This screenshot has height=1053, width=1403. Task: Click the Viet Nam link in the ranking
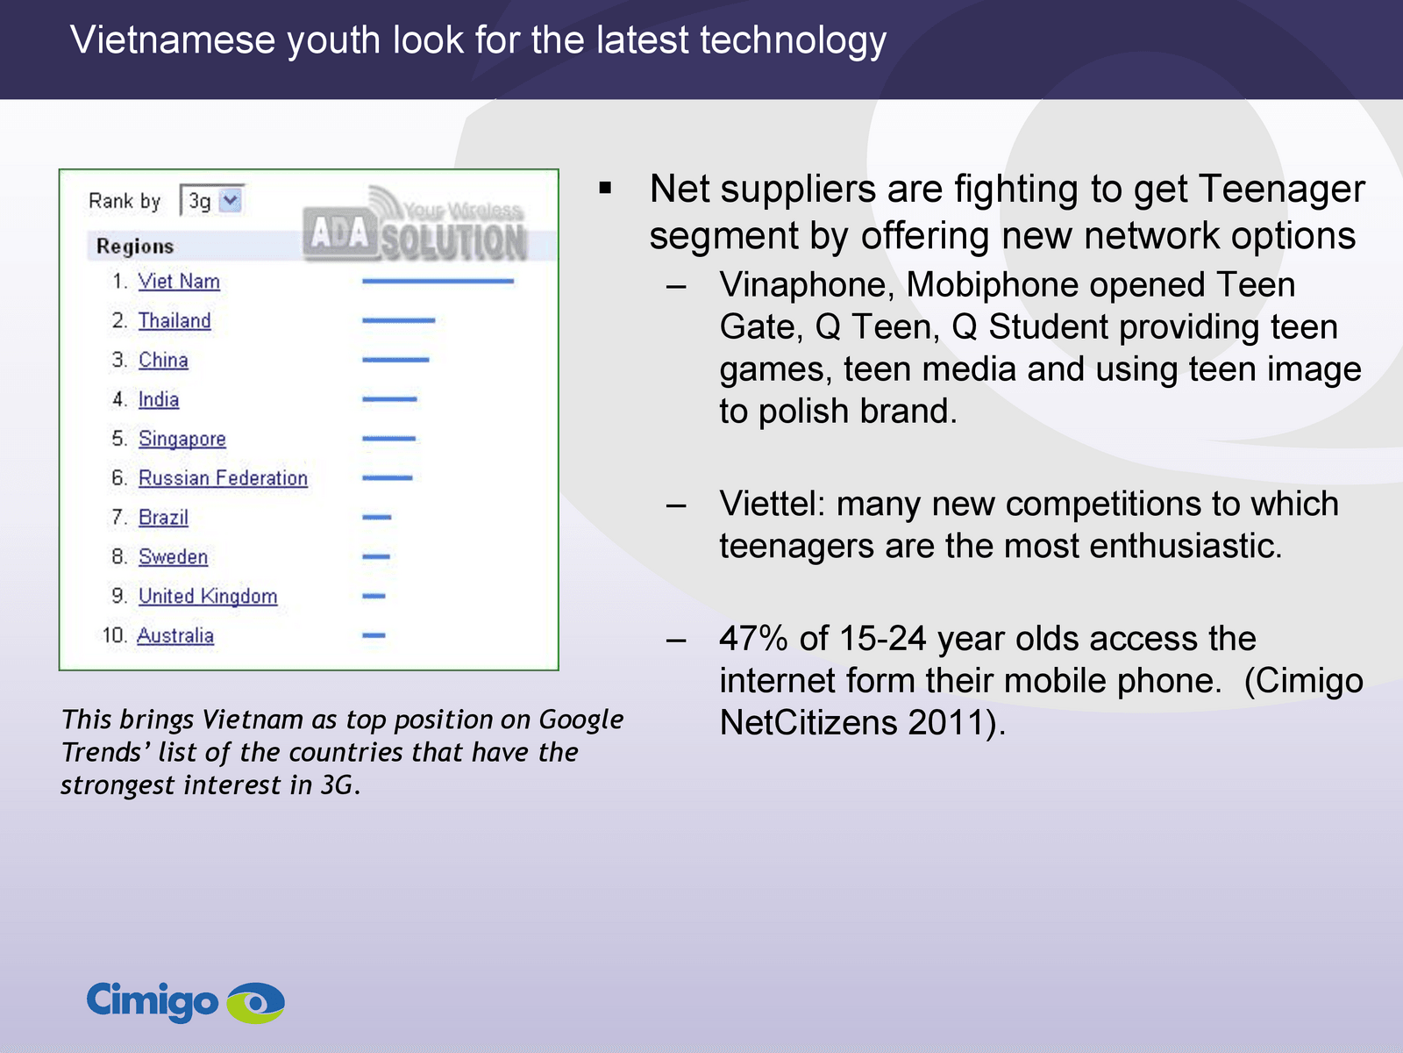click(x=179, y=282)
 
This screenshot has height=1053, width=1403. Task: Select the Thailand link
click(x=174, y=320)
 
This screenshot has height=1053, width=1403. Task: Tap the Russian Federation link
click(x=223, y=477)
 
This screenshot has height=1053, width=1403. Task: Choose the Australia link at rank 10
click(x=175, y=635)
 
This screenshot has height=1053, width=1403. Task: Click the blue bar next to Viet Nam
click(x=438, y=281)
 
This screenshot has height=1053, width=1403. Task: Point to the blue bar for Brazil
click(x=376, y=517)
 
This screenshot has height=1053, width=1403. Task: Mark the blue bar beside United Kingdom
click(x=374, y=596)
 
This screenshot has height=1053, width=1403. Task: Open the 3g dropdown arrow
click(x=230, y=200)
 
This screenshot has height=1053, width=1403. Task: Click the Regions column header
click(x=135, y=247)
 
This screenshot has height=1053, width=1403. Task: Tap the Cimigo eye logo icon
click(x=256, y=1002)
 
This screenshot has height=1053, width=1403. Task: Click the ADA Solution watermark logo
click(x=416, y=225)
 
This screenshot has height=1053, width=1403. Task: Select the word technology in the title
click(x=793, y=41)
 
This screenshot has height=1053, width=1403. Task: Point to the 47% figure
click(x=753, y=638)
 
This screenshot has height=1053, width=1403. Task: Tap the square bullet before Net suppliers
click(x=605, y=188)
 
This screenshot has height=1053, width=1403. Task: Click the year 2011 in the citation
click(x=944, y=722)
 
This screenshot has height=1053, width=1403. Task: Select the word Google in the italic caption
click(x=580, y=720)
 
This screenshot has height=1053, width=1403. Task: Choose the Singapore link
click(x=182, y=439)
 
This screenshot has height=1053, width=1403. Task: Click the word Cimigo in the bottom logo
click(x=152, y=1001)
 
